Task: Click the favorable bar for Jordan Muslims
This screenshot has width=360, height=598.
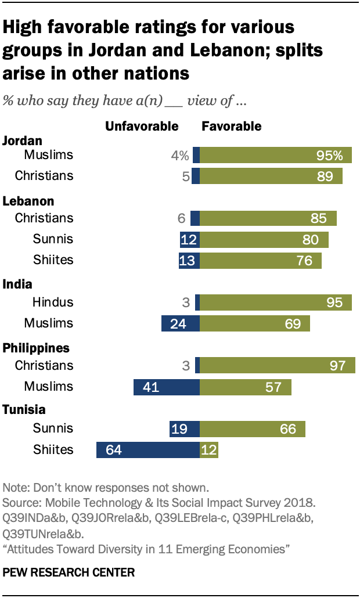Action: click(276, 155)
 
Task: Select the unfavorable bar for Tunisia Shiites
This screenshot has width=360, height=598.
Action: click(148, 449)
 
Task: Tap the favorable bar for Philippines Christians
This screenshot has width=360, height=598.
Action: click(278, 365)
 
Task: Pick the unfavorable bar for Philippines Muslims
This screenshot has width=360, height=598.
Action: click(167, 387)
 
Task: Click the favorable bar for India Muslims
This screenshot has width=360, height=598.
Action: click(255, 323)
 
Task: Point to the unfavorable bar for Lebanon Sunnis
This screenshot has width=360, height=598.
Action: click(190, 239)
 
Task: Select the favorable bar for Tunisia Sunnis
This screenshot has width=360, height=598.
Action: click(253, 428)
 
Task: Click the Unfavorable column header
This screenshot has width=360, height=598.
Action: click(142, 126)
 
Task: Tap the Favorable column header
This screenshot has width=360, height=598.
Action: click(231, 126)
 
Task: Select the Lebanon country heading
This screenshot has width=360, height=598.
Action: click(28, 201)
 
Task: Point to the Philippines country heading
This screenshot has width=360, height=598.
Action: click(37, 348)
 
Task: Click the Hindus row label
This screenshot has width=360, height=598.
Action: click(53, 302)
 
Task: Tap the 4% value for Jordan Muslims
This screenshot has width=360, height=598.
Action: click(179, 156)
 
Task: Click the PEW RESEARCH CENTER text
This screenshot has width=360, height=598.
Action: click(69, 572)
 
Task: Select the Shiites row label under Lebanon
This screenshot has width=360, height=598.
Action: click(53, 260)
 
